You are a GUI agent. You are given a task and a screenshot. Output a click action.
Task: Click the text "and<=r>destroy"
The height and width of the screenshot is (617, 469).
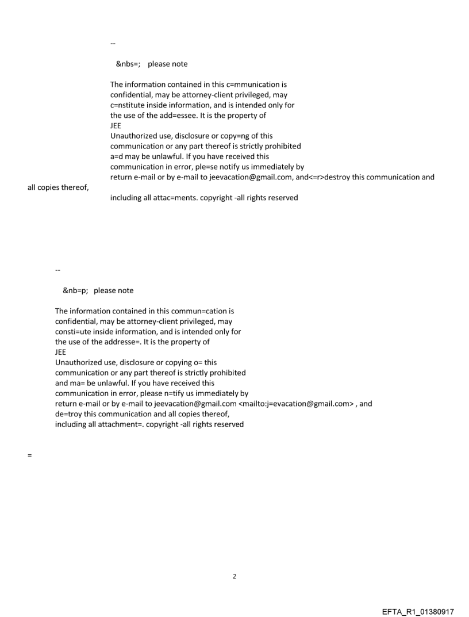pos(322,177)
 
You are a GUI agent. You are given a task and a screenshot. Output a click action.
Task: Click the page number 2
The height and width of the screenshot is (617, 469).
pos(234,577)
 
